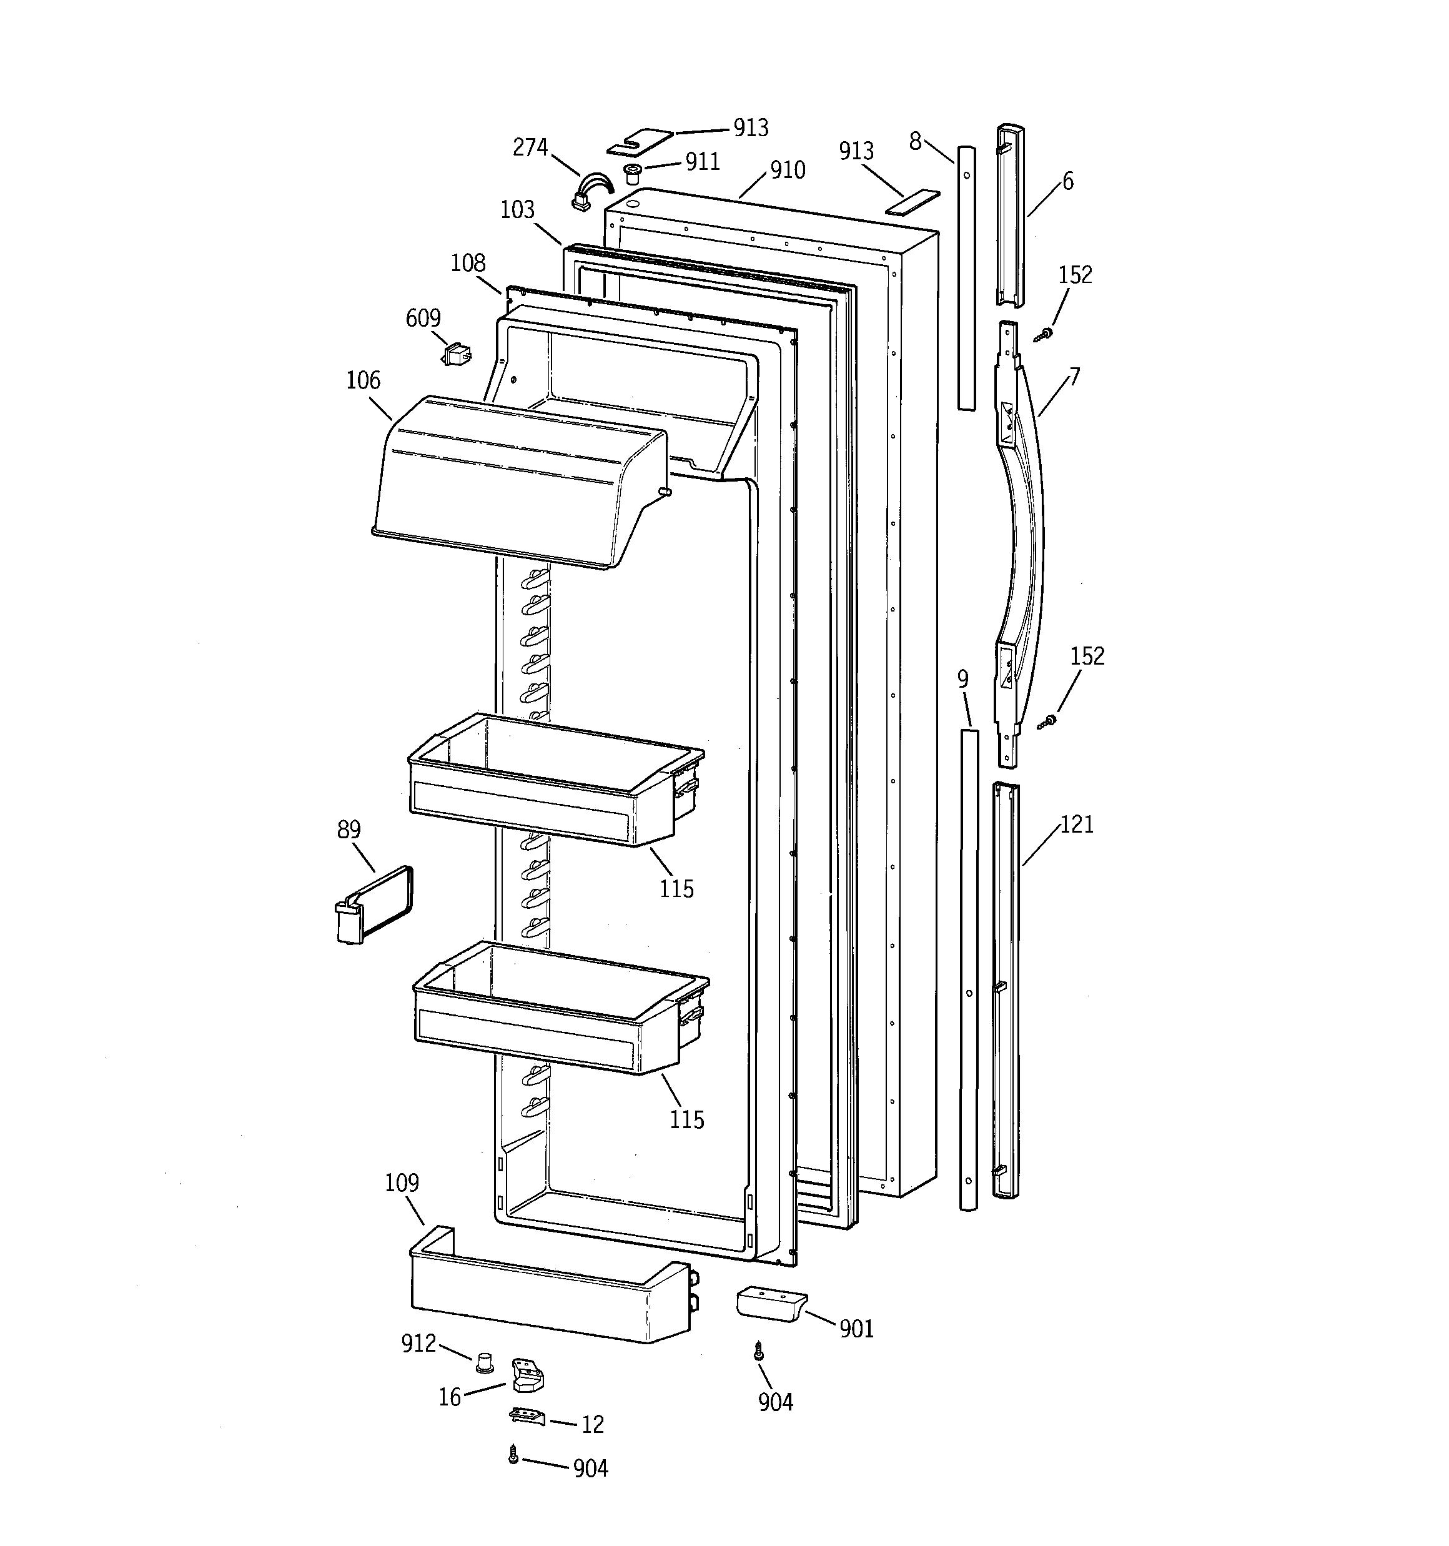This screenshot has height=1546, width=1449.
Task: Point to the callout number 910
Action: [787, 171]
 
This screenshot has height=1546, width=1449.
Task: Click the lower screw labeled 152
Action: [1047, 721]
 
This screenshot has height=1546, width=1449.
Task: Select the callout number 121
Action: [1077, 825]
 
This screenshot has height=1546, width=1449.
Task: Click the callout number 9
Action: [963, 680]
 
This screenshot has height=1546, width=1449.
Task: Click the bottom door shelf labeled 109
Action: [545, 1301]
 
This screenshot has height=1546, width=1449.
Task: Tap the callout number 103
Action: [517, 210]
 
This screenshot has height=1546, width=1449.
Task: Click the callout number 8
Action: [916, 142]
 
